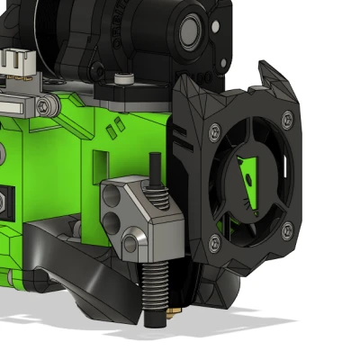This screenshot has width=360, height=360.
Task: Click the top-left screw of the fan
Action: coord(214,130)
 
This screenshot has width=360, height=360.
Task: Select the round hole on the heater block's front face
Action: coord(132,240)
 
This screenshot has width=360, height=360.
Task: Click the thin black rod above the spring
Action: coord(155,168)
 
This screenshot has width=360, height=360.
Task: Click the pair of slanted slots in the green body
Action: coord(113,131)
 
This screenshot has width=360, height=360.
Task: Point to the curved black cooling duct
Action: coord(76,261)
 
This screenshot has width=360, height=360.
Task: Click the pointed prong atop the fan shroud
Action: coord(268,70)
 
